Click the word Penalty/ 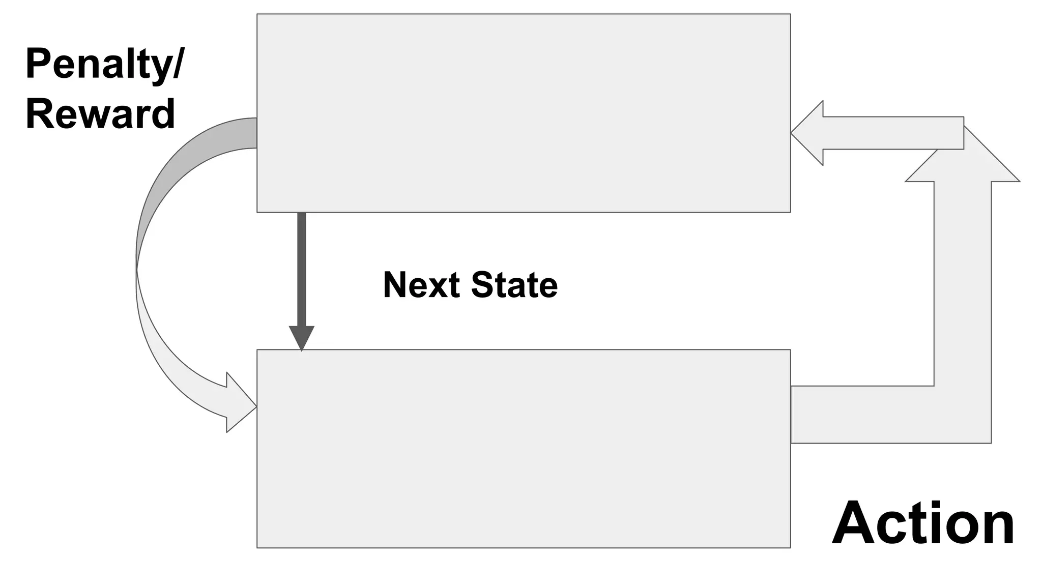click(x=104, y=64)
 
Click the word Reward click(x=100, y=114)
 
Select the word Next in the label click(x=421, y=285)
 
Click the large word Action click(x=923, y=524)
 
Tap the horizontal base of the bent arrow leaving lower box click(x=865, y=415)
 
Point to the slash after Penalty click(x=177, y=64)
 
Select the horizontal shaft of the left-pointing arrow click(x=890, y=133)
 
